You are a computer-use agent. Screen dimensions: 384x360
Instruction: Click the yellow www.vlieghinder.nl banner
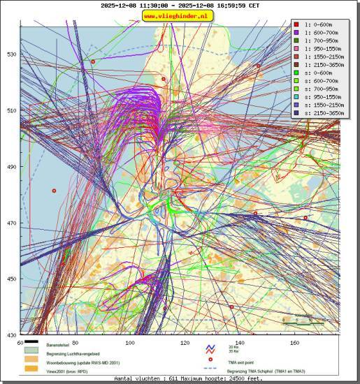coord(180,16)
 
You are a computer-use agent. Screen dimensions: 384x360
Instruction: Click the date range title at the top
coord(180,6)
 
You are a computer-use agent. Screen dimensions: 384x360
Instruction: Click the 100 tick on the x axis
coord(130,343)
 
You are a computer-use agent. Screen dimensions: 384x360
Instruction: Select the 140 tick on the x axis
coord(240,343)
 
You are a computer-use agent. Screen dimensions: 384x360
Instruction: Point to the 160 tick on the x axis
coord(295,343)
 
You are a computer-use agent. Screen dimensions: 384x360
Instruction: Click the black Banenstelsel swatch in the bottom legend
coord(30,343)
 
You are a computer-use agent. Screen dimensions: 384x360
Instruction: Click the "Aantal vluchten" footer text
coord(180,378)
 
